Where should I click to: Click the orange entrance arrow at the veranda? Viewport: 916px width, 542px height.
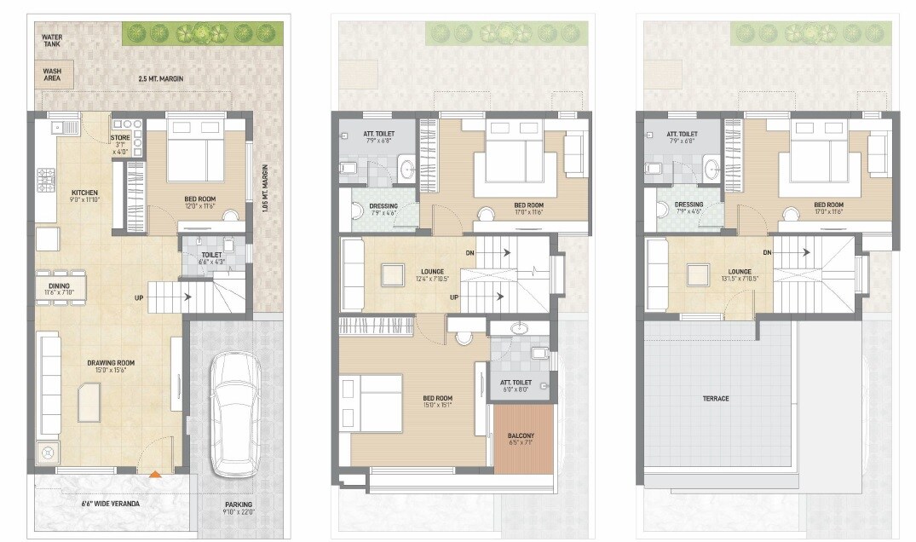tap(154, 474)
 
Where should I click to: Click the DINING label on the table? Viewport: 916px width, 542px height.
tap(58, 287)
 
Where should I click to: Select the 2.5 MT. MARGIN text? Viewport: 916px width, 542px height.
tap(161, 79)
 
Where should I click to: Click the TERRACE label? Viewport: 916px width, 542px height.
tap(716, 399)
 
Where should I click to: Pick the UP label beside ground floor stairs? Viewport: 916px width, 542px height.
tap(138, 298)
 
